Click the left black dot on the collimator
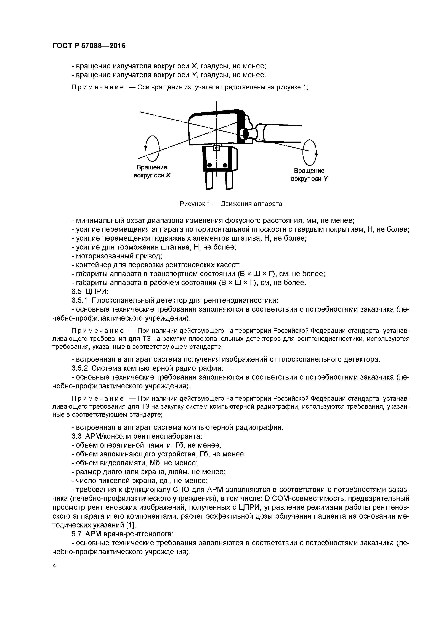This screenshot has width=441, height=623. point(209,165)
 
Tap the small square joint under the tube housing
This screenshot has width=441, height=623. point(216,148)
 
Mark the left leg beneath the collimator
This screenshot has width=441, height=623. point(209,180)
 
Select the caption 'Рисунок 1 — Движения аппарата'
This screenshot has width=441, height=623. point(231,204)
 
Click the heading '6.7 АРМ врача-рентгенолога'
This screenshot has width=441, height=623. point(122,534)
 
